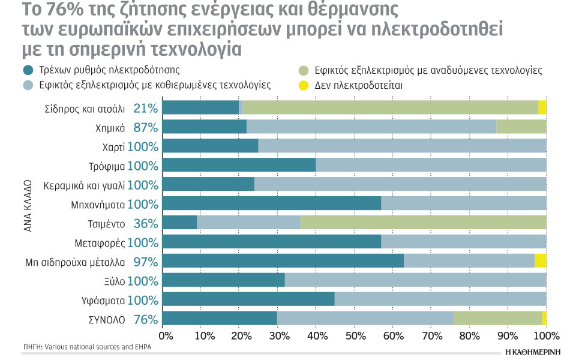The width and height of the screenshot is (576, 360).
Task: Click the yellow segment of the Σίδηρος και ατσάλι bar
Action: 542,108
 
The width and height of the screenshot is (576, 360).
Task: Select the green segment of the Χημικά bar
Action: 521,127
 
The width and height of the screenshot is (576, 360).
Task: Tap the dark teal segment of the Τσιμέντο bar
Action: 179,223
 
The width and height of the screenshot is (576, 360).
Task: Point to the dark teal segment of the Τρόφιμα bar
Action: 239,166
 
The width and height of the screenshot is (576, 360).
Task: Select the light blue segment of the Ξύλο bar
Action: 415,281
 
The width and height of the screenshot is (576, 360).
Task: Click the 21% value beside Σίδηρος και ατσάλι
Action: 146,109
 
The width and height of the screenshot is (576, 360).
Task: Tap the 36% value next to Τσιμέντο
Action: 146,224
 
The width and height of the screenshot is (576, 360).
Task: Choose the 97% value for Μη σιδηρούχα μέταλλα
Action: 146,262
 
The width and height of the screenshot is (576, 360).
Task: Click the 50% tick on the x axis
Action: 355,334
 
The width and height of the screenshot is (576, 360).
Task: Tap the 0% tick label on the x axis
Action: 165,334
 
